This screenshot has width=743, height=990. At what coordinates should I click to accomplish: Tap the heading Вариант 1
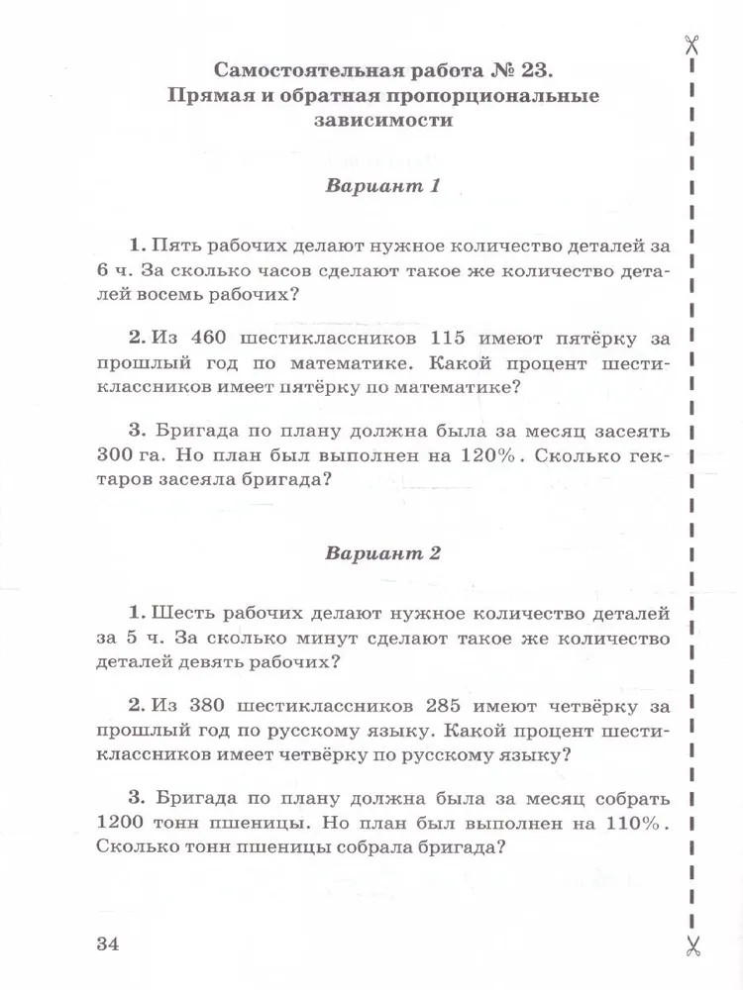382,186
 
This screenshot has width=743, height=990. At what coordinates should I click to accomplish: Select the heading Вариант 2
382,553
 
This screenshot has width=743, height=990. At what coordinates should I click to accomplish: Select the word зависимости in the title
383,122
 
